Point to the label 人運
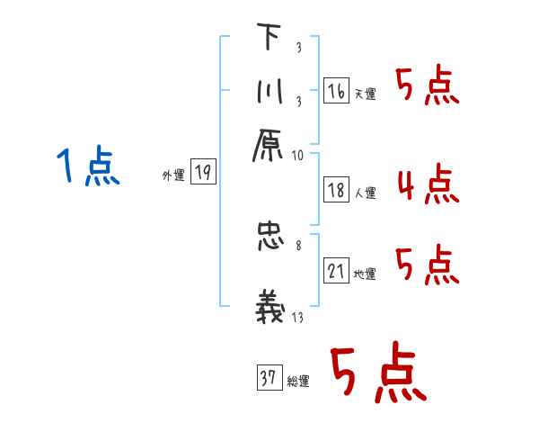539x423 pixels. (x=365, y=193)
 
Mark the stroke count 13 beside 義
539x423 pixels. (x=297, y=317)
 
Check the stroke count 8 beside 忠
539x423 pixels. (x=297, y=244)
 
